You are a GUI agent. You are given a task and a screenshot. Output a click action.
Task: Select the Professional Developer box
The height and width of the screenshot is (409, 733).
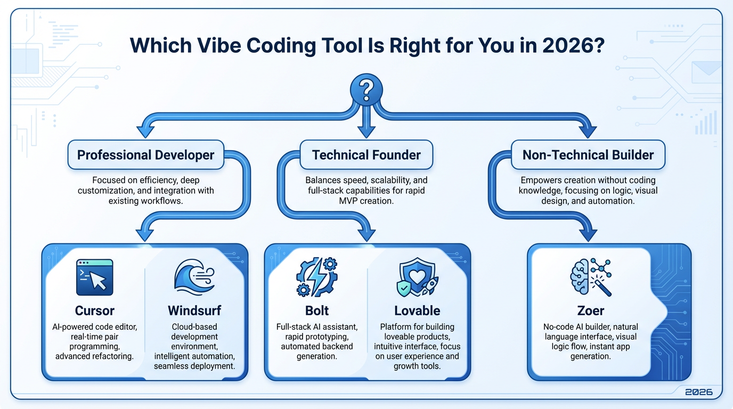click(145, 155)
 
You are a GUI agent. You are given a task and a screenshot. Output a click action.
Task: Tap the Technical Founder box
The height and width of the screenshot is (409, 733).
click(366, 155)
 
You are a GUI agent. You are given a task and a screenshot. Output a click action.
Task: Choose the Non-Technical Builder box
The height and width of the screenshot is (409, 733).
click(588, 155)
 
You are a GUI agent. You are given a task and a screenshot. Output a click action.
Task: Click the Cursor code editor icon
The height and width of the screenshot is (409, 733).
click(95, 277)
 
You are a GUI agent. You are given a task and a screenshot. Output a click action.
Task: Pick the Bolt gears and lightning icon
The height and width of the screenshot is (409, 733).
click(316, 277)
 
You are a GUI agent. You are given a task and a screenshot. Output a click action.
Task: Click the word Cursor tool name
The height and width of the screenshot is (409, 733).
click(95, 310)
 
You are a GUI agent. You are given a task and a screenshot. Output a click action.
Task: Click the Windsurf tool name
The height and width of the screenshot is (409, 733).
click(193, 310)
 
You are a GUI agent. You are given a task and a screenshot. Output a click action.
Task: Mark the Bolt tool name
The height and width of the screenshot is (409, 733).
click(317, 310)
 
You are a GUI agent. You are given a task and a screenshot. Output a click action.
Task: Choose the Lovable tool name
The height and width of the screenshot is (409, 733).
click(417, 310)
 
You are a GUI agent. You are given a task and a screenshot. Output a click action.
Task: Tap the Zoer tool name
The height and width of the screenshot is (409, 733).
click(590, 310)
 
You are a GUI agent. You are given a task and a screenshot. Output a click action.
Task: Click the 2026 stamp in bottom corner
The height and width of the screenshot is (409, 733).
click(698, 392)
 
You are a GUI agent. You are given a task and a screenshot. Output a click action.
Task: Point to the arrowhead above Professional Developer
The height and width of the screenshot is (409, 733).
click(145, 131)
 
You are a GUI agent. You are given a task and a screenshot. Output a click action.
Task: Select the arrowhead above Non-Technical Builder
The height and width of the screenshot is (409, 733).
click(588, 131)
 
